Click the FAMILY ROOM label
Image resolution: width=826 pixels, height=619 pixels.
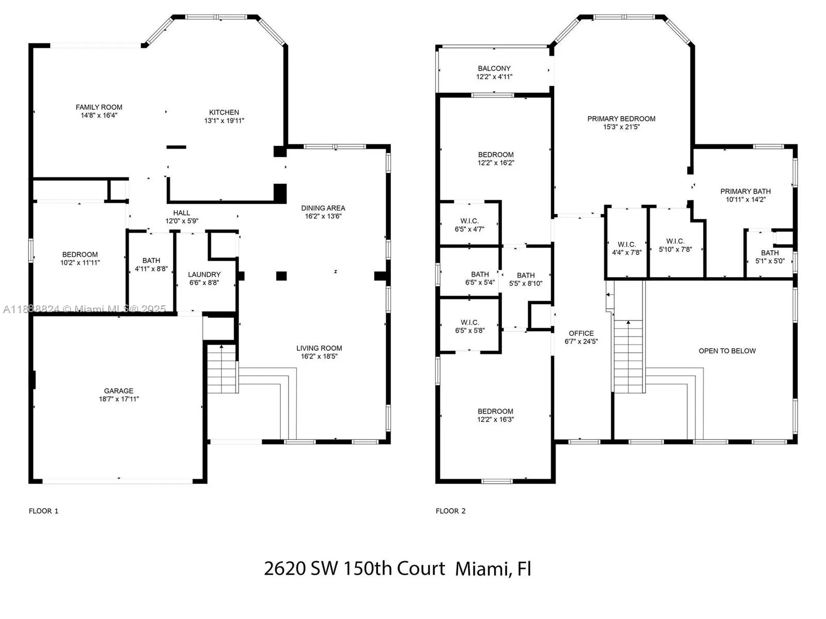pyautogui.click(x=99, y=107)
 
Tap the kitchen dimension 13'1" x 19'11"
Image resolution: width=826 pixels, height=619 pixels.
pyautogui.click(x=224, y=121)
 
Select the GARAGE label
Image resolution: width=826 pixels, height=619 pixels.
pyautogui.click(x=119, y=391)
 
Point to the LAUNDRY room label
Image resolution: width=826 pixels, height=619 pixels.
pyautogui.click(x=204, y=275)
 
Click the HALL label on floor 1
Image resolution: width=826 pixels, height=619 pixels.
pyautogui.click(x=182, y=213)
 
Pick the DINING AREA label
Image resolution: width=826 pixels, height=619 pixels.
pyautogui.click(x=323, y=208)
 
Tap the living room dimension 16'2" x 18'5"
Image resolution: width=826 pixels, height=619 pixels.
pyautogui.click(x=319, y=356)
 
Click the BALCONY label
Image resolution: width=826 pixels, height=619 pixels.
pyautogui.click(x=494, y=69)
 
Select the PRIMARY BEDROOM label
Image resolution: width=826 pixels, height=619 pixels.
pyautogui.click(x=621, y=119)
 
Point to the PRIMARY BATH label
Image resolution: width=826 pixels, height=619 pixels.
pyautogui.click(x=745, y=191)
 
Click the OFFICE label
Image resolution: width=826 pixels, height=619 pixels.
pyautogui.click(x=581, y=333)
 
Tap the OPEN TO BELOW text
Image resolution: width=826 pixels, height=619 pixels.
pyautogui.click(x=727, y=351)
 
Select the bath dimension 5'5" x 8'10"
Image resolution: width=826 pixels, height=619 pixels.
pyautogui.click(x=526, y=284)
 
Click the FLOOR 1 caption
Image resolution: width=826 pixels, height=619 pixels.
pyautogui.click(x=44, y=511)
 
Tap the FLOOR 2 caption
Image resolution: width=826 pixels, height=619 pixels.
pyautogui.click(x=451, y=511)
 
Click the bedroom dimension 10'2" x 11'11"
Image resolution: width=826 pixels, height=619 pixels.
pyautogui.click(x=80, y=263)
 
